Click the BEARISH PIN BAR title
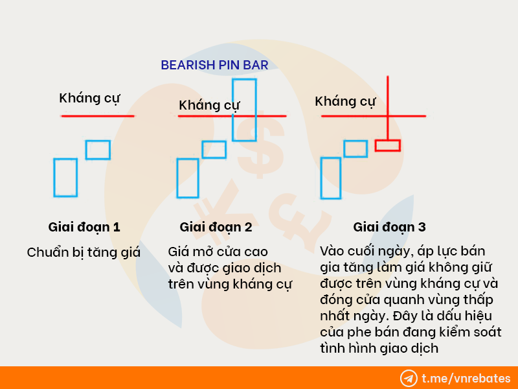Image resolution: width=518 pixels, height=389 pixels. (x=214, y=65)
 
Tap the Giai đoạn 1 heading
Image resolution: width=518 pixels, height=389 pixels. (x=84, y=228)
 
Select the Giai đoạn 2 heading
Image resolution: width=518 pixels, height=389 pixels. (x=216, y=228)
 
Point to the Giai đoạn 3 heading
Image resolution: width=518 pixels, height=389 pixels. (x=389, y=228)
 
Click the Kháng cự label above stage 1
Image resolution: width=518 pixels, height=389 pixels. (x=89, y=99)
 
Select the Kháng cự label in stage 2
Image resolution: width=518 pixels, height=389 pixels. (x=209, y=106)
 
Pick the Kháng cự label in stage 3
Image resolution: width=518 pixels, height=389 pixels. (x=345, y=102)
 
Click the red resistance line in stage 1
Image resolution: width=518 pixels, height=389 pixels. (x=98, y=116)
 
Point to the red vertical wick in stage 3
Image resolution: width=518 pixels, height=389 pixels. (x=387, y=108)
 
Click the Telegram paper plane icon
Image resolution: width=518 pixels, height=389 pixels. (x=409, y=379)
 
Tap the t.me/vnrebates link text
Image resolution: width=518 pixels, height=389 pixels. (x=466, y=379)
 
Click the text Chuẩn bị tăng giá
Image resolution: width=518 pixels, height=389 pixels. (x=84, y=253)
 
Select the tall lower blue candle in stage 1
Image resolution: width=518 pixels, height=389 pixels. (x=54, y=178)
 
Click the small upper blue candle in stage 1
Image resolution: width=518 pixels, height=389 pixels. (x=98, y=141)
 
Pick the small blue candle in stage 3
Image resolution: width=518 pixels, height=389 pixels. (x=355, y=141)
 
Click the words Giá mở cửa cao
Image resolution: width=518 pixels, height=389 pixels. (x=218, y=252)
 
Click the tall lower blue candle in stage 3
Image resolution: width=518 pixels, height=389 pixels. (x=321, y=178)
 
